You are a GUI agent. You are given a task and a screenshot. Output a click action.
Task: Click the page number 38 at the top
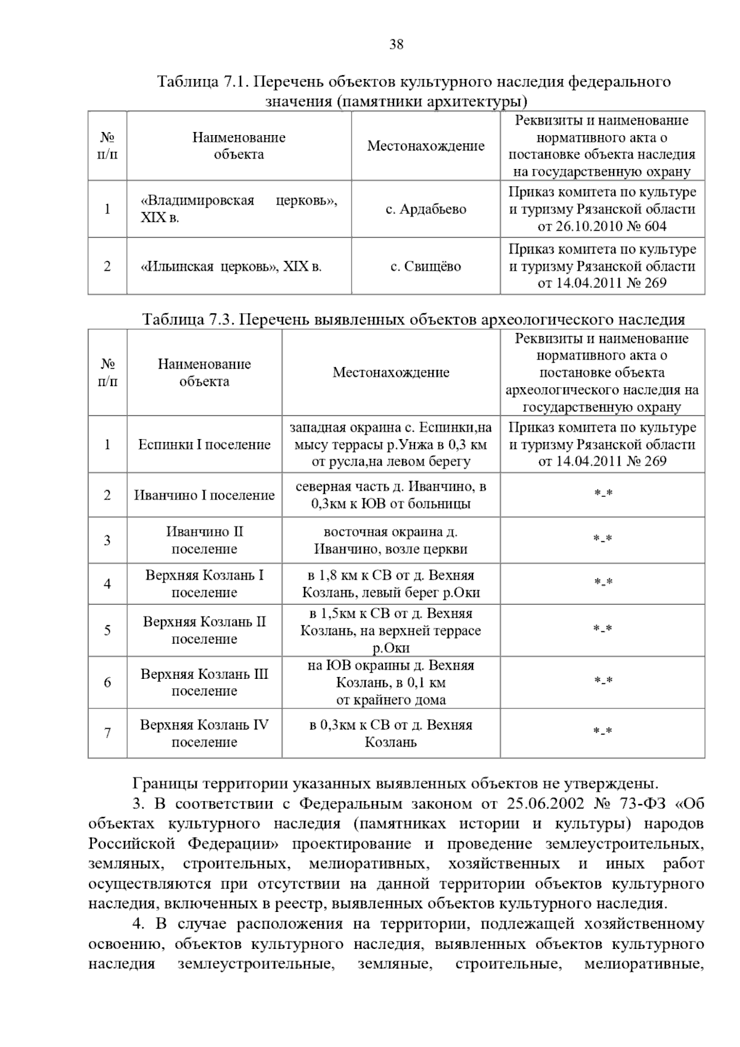397,44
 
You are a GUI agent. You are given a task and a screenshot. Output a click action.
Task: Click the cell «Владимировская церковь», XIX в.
239,209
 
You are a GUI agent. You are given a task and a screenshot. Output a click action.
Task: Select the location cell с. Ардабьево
425,209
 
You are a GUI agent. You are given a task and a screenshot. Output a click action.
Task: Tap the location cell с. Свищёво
425,266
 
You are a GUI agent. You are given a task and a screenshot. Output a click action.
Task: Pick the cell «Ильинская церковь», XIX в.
231,266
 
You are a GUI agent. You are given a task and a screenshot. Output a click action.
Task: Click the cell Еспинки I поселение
204,445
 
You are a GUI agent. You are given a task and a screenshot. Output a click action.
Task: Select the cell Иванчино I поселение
204,495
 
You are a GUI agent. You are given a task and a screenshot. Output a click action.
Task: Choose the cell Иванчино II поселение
204,540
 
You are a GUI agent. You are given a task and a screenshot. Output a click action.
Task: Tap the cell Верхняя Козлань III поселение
204,682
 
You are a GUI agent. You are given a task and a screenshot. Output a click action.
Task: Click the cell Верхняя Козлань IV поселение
204,733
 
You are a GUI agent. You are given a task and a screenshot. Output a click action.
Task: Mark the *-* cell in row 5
602,630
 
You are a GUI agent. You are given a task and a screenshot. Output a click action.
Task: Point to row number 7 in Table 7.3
107,733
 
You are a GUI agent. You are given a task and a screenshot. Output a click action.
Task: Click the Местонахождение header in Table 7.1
425,146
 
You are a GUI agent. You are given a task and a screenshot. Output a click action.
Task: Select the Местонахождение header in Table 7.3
391,372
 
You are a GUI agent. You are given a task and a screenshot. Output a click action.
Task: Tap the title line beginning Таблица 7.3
413,319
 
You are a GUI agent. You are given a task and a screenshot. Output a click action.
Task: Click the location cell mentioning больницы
391,495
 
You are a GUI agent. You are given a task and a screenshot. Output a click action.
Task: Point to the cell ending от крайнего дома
391,682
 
